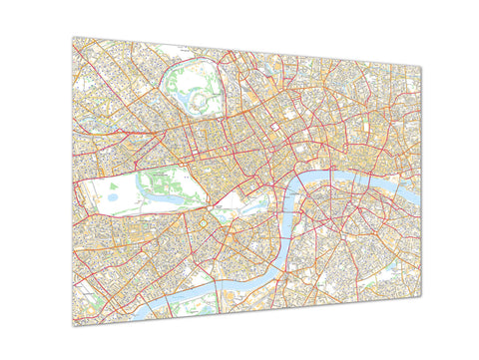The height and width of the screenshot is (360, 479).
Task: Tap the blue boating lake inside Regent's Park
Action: click(186, 88)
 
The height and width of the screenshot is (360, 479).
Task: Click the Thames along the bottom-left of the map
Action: click(150, 299)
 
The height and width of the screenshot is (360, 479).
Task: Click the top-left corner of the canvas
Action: click(72, 37)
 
